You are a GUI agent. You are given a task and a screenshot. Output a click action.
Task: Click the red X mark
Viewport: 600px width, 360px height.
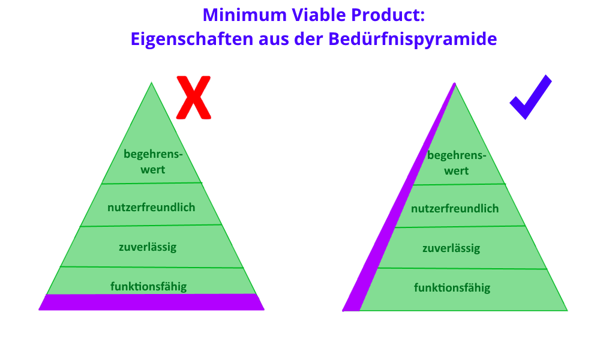[194, 98]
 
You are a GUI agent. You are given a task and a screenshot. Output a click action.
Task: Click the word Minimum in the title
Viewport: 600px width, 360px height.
[245, 15]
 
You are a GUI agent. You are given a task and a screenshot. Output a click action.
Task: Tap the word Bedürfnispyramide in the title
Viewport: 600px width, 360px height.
[413, 39]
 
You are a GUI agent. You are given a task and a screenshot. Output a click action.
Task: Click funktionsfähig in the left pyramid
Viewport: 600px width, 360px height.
[148, 287]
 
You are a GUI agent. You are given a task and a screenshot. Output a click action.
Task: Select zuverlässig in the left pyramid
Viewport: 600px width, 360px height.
[148, 247]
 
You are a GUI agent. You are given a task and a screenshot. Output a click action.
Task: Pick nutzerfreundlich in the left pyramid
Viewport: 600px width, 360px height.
[151, 208]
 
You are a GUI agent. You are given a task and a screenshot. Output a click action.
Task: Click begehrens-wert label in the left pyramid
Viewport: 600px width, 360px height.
[153, 161]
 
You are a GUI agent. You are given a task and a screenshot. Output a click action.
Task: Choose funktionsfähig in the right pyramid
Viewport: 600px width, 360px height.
[452, 287]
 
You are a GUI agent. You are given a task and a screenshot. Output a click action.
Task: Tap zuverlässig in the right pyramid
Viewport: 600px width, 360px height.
[451, 248]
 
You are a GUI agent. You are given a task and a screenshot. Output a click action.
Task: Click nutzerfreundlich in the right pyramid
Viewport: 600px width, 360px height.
[455, 209]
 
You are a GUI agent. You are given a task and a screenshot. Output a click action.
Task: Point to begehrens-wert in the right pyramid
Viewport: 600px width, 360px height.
[457, 163]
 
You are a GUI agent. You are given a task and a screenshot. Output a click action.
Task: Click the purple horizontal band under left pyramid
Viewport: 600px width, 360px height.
[152, 302]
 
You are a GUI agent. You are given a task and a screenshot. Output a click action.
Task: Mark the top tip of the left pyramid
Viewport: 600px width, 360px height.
[152, 82]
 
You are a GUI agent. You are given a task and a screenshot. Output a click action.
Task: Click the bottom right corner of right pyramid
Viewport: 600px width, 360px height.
[567, 310]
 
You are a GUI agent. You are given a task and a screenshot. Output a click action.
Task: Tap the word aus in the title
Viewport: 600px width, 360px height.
[274, 39]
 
